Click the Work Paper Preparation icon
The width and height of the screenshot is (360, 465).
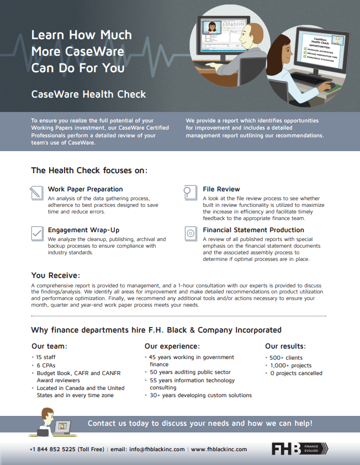[36, 193]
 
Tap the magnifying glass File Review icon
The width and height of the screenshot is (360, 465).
[189, 193]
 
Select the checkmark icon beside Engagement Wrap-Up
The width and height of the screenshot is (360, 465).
[36, 233]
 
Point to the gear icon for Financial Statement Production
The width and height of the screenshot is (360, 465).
[190, 233]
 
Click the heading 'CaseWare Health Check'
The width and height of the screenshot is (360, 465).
[88, 94]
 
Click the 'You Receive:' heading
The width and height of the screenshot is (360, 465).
[56, 275]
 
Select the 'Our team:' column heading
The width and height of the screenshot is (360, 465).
[50, 346]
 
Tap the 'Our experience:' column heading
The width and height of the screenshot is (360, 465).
[172, 346]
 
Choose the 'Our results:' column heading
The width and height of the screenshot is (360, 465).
[285, 346]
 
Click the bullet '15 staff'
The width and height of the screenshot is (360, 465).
[47, 357]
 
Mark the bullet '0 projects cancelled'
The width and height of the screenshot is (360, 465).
[296, 373]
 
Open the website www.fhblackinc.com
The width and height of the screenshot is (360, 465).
[219, 449]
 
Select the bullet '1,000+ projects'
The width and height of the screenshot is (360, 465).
[290, 365]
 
